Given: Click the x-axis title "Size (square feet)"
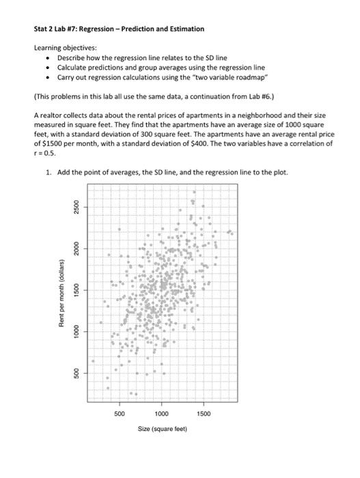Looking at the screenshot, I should tap(162, 428).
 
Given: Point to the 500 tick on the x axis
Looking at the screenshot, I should tap(118, 414).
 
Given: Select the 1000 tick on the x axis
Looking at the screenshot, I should tap(162, 414).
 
